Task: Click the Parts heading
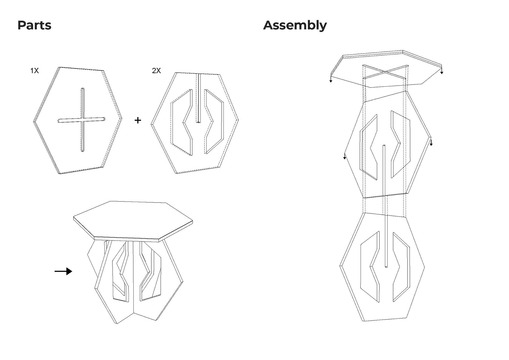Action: [x=34, y=25]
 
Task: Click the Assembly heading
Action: [x=295, y=25]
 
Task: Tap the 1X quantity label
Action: [x=34, y=71]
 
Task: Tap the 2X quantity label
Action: [x=156, y=71]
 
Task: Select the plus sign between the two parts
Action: [x=138, y=120]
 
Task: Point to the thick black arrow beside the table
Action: [x=63, y=271]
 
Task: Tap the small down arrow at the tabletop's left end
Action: [x=331, y=80]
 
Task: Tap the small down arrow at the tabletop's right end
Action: [x=442, y=72]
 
